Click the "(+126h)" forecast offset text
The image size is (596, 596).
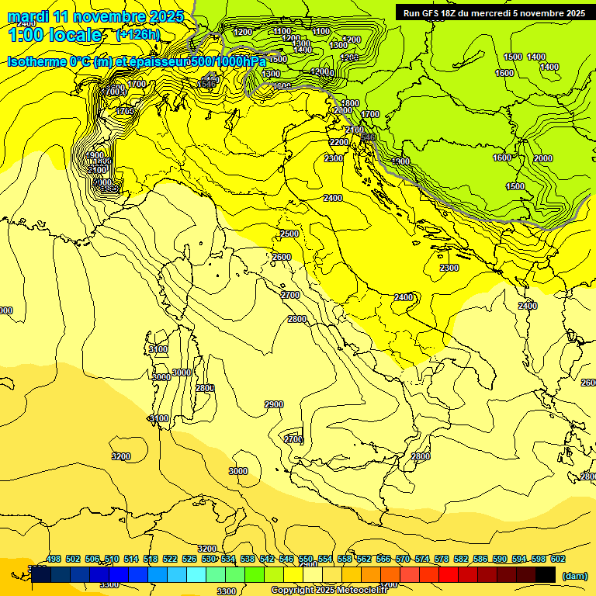[x=138, y=35]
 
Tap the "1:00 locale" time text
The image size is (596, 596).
[x=54, y=35]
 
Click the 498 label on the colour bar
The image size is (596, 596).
[x=54, y=559]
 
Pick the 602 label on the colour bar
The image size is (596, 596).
[x=558, y=559]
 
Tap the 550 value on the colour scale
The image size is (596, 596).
[x=306, y=559]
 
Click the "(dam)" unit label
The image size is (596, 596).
[x=573, y=575]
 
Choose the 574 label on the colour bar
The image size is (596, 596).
[x=422, y=559]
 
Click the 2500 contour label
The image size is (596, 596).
[x=289, y=234]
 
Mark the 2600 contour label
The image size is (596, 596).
[x=282, y=257]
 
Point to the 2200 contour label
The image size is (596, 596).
[x=338, y=143]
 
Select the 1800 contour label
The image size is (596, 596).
[x=350, y=103]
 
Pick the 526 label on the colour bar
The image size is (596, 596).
[x=189, y=559]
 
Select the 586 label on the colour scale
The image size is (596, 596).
[x=480, y=559]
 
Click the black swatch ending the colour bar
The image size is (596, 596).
[x=546, y=575]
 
